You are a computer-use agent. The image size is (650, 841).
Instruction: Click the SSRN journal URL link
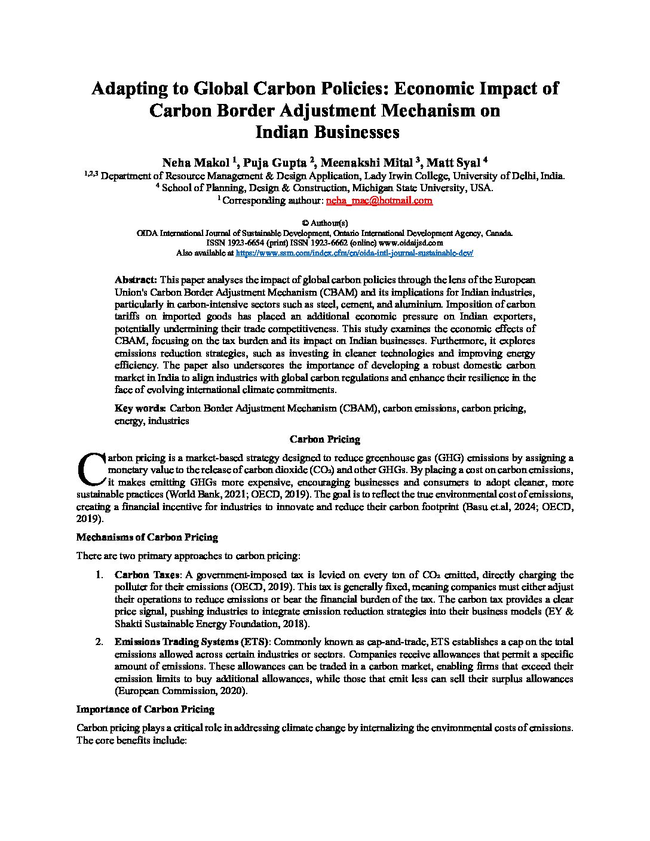tap(354, 253)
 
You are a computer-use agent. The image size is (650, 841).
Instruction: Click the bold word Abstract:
tap(136, 280)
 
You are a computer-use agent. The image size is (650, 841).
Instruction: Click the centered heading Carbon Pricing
tap(324, 440)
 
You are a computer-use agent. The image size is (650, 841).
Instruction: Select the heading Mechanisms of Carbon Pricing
tap(147, 538)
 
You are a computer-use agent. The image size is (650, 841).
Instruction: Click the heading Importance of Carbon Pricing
tap(145, 710)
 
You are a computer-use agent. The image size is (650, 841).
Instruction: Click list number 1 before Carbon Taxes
tap(99, 575)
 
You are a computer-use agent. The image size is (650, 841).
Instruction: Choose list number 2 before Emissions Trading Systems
tap(99, 642)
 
